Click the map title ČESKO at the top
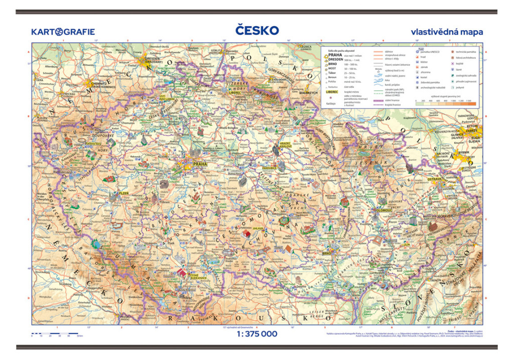coord(256,30)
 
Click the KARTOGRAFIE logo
coord(63,32)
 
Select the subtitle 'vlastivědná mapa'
coord(446,32)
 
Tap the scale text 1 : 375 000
coord(256,334)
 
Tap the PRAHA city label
coord(200,164)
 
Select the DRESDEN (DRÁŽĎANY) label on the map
coord(152,60)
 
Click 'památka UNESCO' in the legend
coord(433,52)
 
